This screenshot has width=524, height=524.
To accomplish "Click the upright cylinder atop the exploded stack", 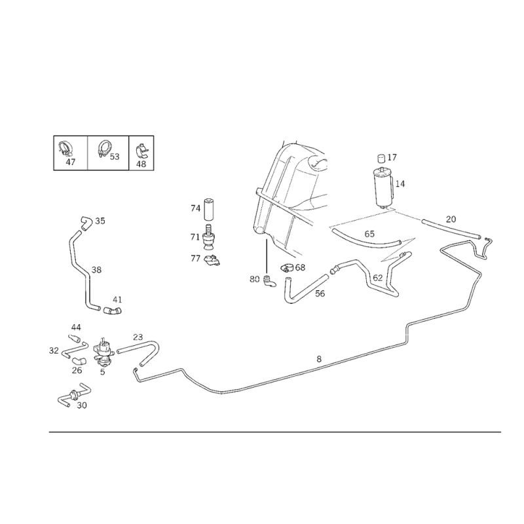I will [x=208, y=211].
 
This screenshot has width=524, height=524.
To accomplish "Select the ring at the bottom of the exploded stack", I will [x=213, y=262].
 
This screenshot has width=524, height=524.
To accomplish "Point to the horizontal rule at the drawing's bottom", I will [x=275, y=432].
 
